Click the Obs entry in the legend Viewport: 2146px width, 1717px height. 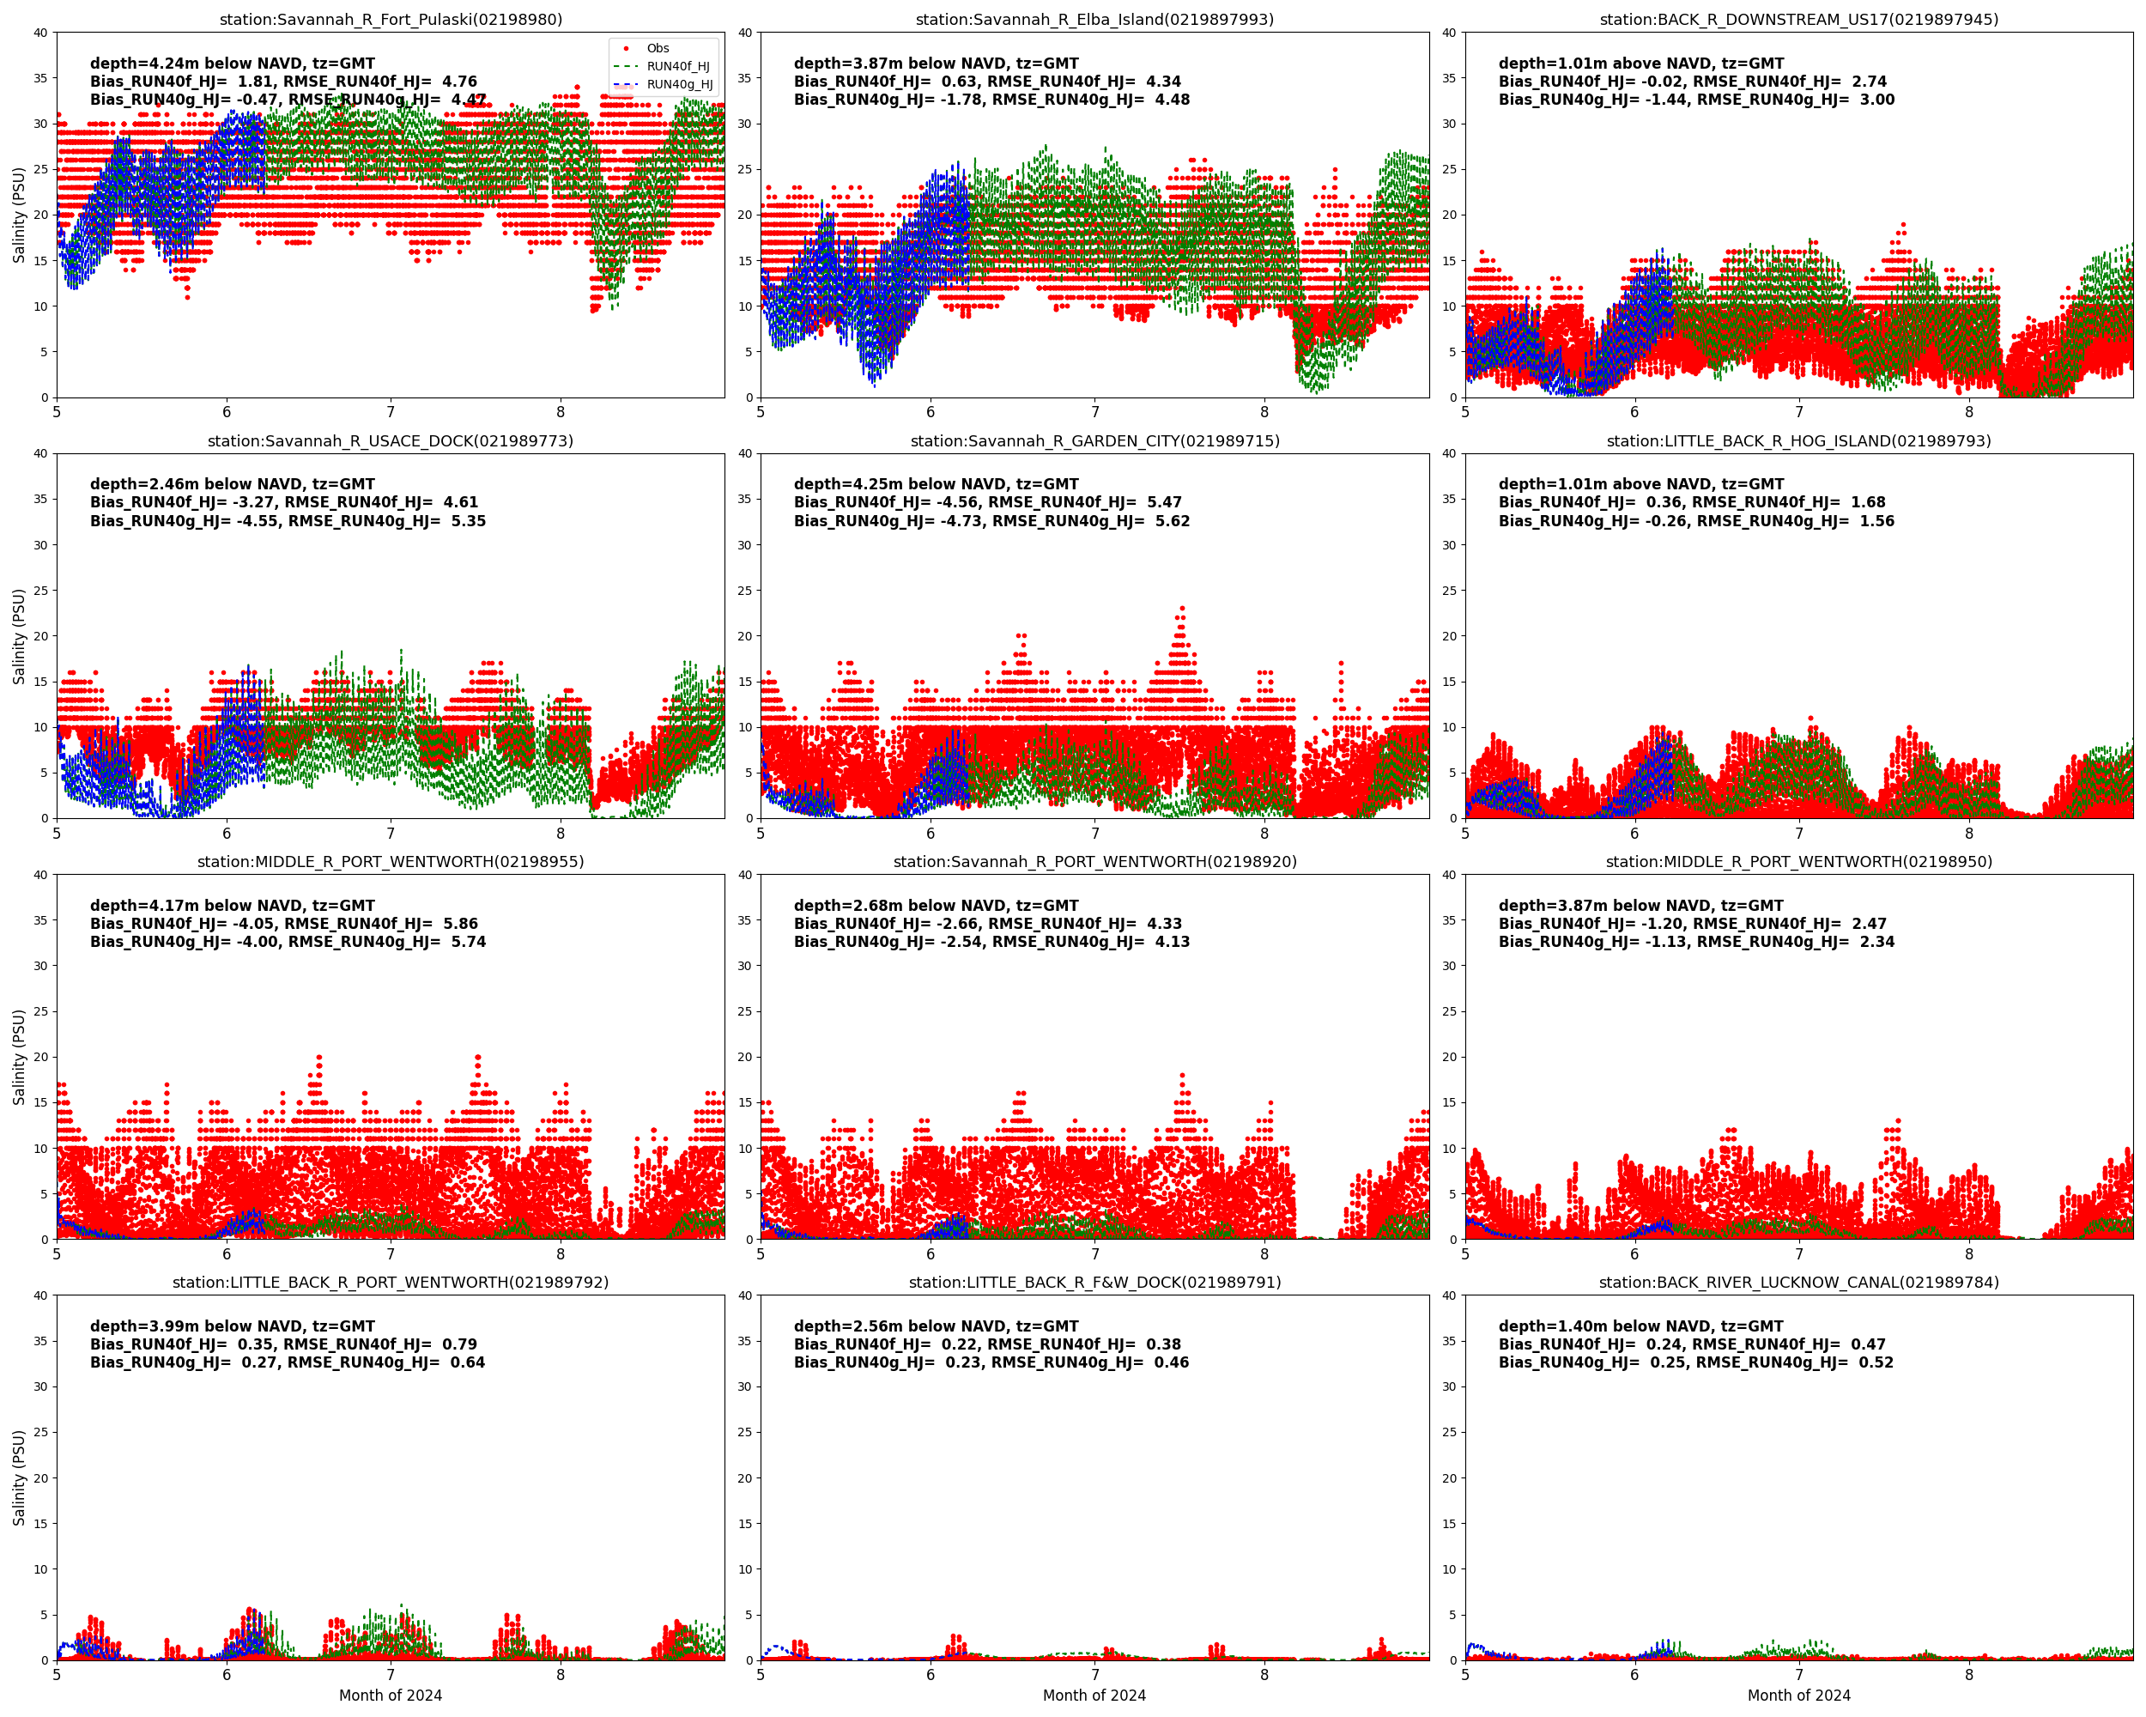pyautogui.click(x=657, y=48)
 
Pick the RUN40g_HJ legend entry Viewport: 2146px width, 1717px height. pyautogui.click(x=679, y=85)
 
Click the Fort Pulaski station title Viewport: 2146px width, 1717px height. pyautogui.click(x=391, y=19)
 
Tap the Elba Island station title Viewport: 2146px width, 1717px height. pyautogui.click(x=1094, y=19)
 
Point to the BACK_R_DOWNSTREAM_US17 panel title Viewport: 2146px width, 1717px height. pyautogui.click(x=1798, y=19)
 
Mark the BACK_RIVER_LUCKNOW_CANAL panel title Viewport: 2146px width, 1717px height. pyautogui.click(x=1798, y=1282)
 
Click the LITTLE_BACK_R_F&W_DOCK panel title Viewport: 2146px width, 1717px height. pyautogui.click(x=1094, y=1282)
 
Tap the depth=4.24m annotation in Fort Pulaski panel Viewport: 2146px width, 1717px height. pyautogui.click(x=232, y=63)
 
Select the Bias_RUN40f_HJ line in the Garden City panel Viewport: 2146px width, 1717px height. pyautogui.click(x=987, y=501)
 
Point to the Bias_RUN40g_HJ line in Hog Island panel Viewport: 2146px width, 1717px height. pyautogui.click(x=1696, y=520)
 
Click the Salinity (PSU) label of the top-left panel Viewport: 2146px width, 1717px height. pyautogui.click(x=18, y=215)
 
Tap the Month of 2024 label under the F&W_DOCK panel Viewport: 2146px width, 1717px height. pyautogui.click(x=1094, y=1695)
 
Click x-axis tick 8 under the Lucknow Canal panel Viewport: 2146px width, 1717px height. pyautogui.click(x=1969, y=1675)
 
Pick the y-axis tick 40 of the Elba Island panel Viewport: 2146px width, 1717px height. pyautogui.click(x=743, y=33)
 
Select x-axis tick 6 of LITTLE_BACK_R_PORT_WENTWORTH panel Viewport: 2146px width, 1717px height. pyautogui.click(x=226, y=1675)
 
